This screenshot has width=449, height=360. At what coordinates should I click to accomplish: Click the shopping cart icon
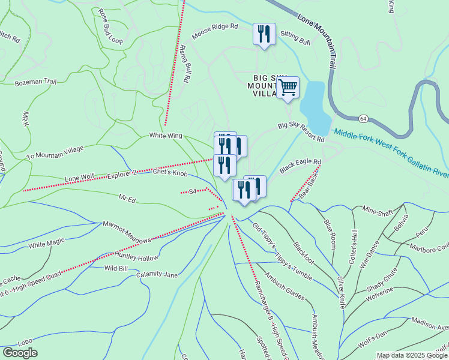click(x=288, y=87)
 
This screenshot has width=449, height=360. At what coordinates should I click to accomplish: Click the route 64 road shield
click(x=364, y=119)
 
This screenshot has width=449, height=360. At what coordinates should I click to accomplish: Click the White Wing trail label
click(x=165, y=136)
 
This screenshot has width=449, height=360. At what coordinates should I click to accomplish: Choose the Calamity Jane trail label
click(x=157, y=275)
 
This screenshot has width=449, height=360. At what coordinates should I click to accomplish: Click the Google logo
click(x=20, y=353)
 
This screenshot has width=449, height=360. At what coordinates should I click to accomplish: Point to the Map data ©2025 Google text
click(x=412, y=355)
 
